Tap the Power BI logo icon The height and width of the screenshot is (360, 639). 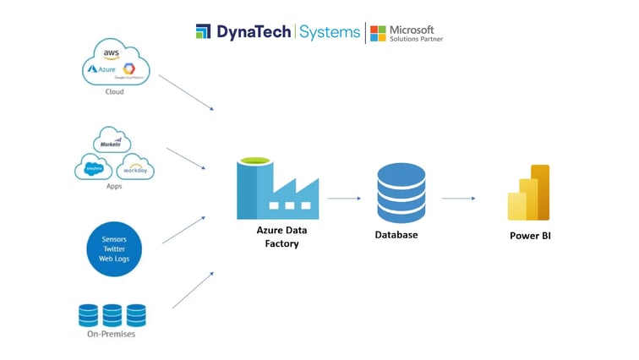pos(529,193)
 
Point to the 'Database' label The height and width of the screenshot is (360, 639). pos(396,235)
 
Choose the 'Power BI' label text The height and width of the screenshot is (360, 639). pos(530,236)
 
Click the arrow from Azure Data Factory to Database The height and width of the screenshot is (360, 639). pos(344,199)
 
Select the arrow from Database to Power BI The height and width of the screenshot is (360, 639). pos(458,199)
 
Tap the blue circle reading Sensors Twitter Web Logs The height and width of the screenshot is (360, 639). pos(114,249)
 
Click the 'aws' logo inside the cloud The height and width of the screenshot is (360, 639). pos(112,54)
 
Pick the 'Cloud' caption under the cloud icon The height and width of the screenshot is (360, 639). pos(114,92)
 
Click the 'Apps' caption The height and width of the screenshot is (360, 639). pos(114,186)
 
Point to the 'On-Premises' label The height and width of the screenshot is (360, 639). pos(112,335)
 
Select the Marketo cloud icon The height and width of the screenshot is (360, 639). pos(112,140)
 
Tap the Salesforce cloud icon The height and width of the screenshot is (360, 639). pos(93,167)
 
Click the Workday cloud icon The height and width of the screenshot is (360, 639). pos(135,167)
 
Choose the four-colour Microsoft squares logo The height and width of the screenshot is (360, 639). pos(378,33)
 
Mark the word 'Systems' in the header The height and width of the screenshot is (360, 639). pos(330,32)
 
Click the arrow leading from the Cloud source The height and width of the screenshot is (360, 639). pos(186,92)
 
